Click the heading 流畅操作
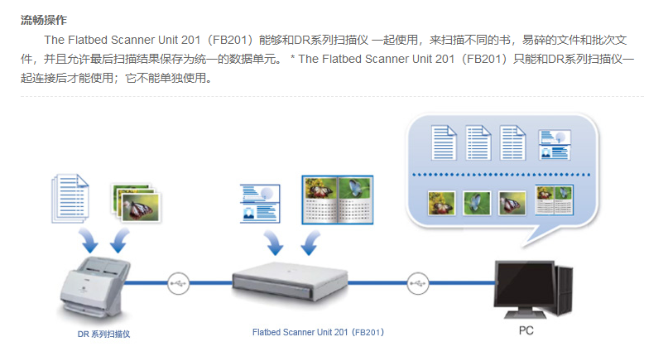[x=44, y=18]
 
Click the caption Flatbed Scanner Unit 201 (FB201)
[x=318, y=332]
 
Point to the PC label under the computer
[x=526, y=331]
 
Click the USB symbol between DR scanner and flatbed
[x=178, y=283]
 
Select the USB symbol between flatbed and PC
[x=418, y=282]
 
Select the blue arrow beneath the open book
[x=312, y=242]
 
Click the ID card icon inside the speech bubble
[x=554, y=143]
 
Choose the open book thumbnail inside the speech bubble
[x=554, y=200]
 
